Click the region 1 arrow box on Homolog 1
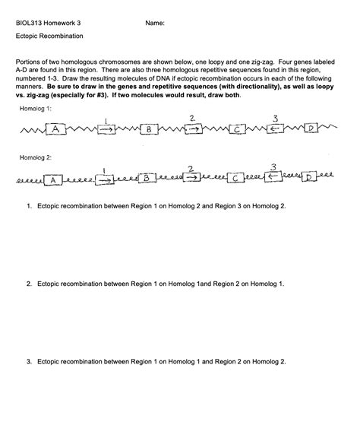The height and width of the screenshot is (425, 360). [x=106, y=130]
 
